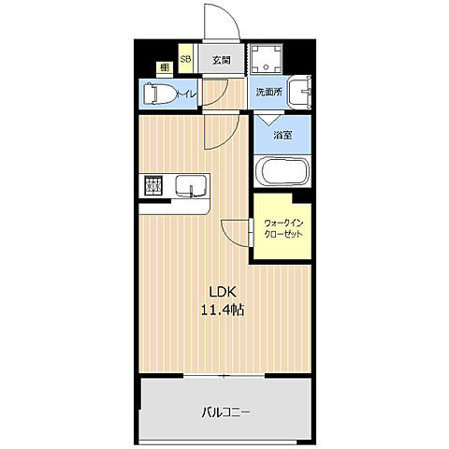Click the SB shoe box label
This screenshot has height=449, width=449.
click(185, 59)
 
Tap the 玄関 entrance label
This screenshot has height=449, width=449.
click(222, 60)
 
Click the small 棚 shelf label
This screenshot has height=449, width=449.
click(165, 67)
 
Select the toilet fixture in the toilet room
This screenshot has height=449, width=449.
click(159, 94)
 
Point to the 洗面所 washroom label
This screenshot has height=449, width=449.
click(268, 92)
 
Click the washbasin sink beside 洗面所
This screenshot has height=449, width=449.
click(299, 92)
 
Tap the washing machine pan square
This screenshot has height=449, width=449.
click(267, 59)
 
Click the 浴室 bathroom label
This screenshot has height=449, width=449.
click(282, 135)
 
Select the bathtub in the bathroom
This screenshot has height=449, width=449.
click(282, 172)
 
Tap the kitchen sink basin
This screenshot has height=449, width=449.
click(191, 186)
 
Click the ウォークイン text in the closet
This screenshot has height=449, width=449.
click(283, 224)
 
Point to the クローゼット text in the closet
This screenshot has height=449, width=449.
click(283, 234)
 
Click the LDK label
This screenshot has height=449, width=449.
click(223, 292)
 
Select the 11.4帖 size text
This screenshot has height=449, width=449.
click(223, 310)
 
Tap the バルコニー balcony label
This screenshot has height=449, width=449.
click(225, 413)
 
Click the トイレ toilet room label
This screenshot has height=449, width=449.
click(186, 94)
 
